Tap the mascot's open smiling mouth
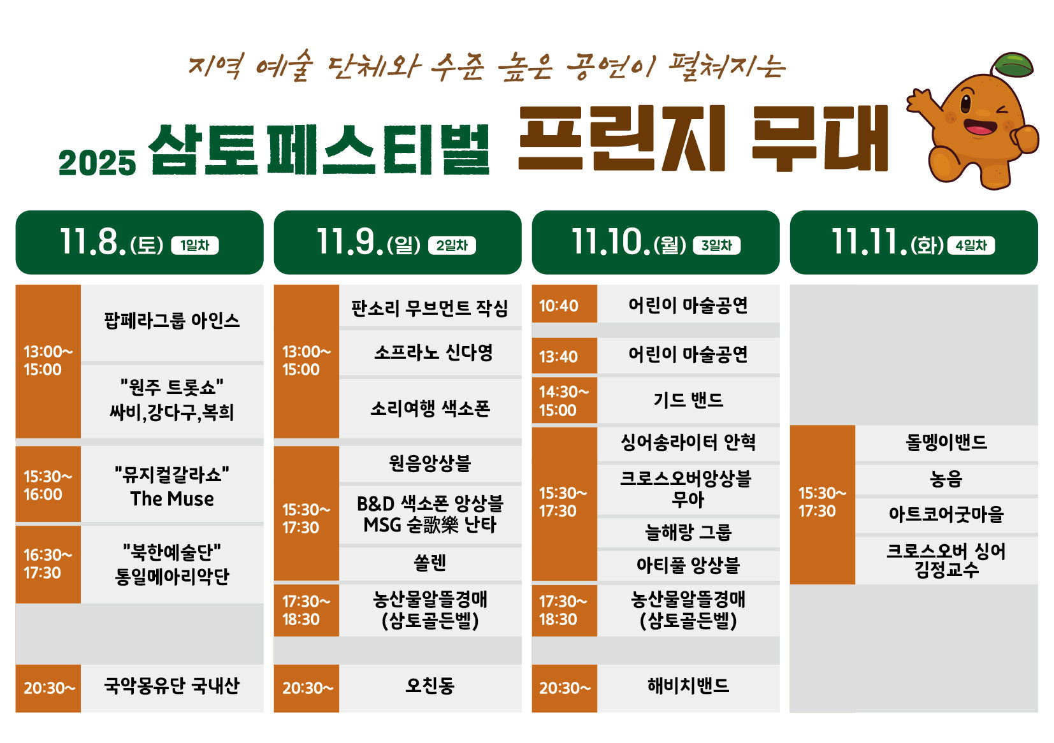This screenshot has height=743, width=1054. (980, 127)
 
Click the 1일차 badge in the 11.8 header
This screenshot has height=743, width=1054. (195, 245)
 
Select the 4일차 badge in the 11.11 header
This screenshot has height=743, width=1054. (971, 245)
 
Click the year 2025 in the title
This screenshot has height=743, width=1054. (97, 163)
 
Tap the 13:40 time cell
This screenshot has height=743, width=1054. (564, 356)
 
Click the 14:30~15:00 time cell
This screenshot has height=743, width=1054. (564, 400)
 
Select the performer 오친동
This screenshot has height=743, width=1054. (430, 686)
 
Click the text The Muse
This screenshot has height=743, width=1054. (172, 499)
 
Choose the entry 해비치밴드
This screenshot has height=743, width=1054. (688, 686)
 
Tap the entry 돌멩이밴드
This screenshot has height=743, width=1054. (947, 442)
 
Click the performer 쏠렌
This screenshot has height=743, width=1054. (430, 563)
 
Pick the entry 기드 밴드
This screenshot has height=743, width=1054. (688, 400)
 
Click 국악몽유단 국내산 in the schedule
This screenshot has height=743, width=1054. (172, 686)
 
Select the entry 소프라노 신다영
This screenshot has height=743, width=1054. (433, 352)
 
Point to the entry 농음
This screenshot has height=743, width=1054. (947, 479)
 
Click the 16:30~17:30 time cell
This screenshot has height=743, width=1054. (48, 564)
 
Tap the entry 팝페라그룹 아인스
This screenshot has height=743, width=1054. (172, 321)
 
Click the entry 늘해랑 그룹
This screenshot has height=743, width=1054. (688, 532)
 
